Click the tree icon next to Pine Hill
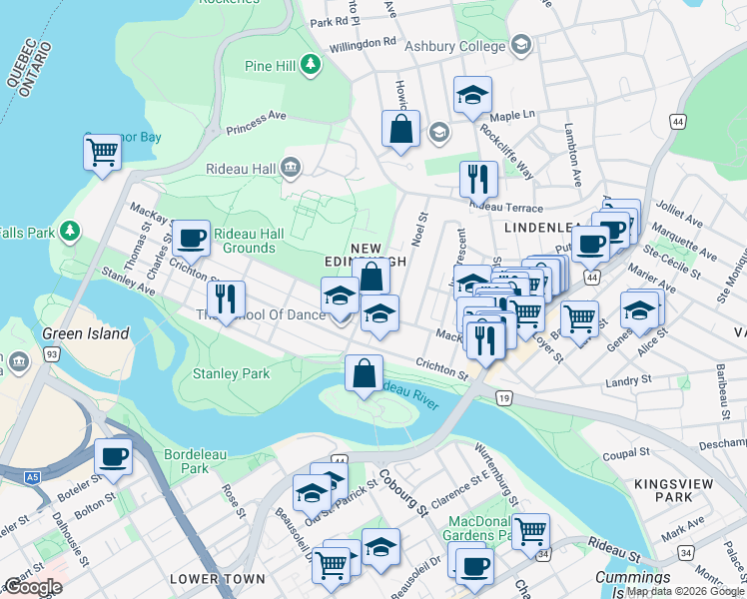coord(312,65)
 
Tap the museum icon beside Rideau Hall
coord(291,165)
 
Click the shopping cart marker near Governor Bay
coord(102,153)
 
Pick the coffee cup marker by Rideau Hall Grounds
coord(190,238)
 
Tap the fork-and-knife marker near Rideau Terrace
coord(478,178)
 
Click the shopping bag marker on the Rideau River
coord(365,373)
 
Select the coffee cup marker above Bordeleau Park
coord(113,457)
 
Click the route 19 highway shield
coord(505,398)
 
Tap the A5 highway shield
coord(33,478)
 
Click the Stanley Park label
coord(231,374)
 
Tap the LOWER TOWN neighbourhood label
coord(217,579)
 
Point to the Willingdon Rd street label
coord(366,44)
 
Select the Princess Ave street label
coord(256,118)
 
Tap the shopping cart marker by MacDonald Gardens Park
coord(530,530)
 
